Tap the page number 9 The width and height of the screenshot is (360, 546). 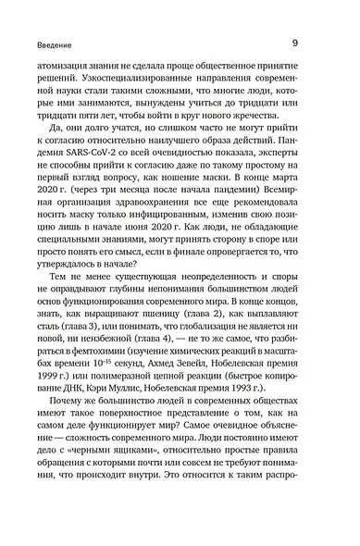[294, 42]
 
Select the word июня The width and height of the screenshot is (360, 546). [163, 227]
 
